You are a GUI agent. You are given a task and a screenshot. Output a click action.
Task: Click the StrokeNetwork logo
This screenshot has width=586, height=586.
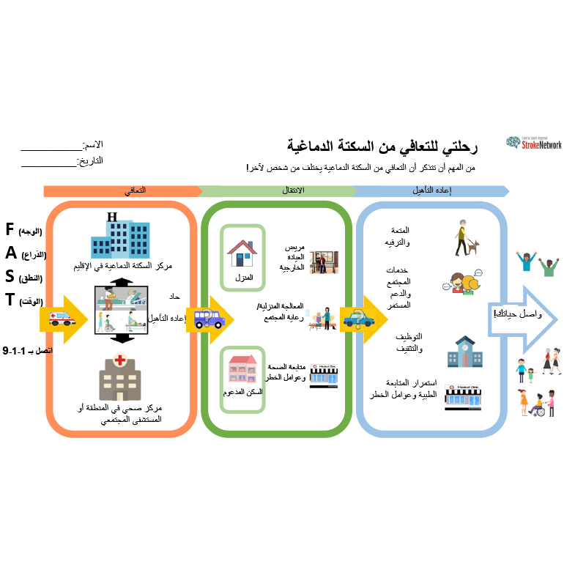[534, 143]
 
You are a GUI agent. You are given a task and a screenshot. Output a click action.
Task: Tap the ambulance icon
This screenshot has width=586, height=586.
[61, 319]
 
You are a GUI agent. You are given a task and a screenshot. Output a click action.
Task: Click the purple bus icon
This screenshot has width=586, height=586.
[209, 319]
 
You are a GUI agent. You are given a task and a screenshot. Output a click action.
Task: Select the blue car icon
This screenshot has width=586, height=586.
[357, 319]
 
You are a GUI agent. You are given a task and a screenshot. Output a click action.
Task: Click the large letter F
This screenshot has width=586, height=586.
[10, 229]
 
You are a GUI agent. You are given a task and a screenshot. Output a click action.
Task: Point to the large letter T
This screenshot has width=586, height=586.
[10, 300]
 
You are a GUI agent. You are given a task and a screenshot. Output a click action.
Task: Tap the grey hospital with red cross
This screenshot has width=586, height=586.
[119, 375]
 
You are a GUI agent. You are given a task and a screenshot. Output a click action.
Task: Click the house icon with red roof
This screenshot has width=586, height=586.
[242, 253]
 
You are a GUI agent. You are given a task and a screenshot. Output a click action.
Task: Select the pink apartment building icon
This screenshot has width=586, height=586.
[242, 368]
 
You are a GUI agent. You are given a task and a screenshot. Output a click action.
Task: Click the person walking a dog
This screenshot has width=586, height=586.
[466, 238]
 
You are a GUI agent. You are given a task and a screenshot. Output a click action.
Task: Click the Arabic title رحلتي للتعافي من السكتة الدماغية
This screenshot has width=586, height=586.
[381, 147]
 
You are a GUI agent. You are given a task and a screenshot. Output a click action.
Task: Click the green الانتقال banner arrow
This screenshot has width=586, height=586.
[278, 191]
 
